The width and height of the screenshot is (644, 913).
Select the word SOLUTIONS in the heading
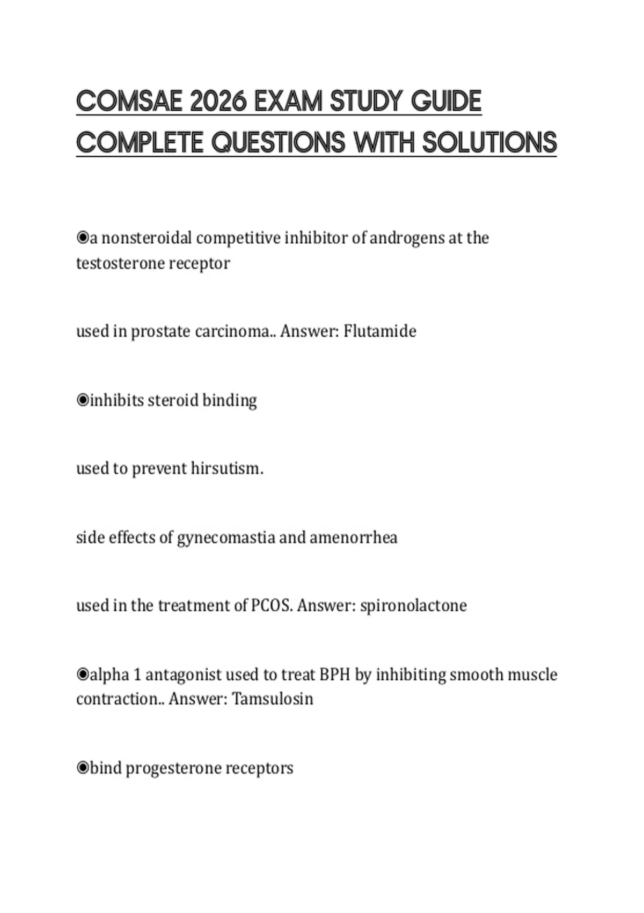489,143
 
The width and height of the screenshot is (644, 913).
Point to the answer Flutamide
379,331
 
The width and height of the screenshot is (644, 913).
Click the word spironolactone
413,605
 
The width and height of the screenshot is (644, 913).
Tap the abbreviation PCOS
272,605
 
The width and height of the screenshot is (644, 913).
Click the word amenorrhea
354,537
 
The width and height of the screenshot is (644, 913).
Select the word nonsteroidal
147,238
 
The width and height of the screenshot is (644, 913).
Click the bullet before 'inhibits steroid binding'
83,400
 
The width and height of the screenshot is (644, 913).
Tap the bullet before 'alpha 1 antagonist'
83,675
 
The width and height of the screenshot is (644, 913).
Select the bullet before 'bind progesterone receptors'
83,768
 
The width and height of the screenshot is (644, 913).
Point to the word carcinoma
232,331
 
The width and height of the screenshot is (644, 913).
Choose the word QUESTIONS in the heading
279,143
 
